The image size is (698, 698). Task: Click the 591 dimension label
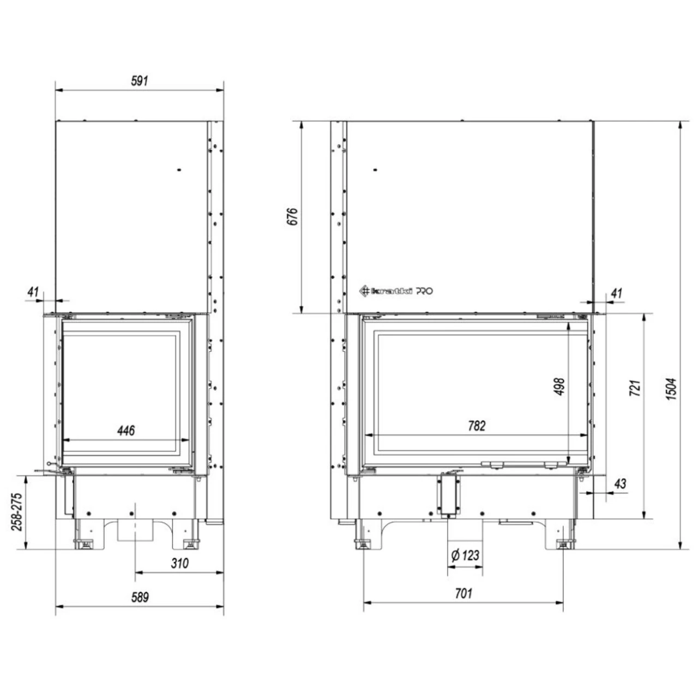140,80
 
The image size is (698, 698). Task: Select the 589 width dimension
140,597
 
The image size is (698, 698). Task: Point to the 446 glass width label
126,431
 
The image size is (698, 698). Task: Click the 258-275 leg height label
17,512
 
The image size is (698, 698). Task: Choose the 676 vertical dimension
292,216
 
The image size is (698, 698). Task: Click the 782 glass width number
477,426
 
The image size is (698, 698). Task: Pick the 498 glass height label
559,387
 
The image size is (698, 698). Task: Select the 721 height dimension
635,388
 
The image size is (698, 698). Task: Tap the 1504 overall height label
671,389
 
